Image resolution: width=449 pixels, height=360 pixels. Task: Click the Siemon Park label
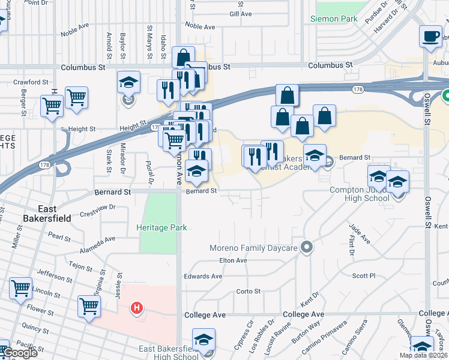click(x=334, y=19)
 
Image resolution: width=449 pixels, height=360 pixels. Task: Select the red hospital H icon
click(x=137, y=308)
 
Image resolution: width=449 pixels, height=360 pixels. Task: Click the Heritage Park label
click(x=161, y=227)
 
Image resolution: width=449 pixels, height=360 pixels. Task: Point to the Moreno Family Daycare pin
click(x=307, y=247)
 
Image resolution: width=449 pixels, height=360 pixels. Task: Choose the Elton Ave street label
click(x=234, y=260)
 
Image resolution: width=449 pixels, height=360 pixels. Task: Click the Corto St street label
click(x=249, y=292)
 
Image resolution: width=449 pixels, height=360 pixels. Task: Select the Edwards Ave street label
click(x=203, y=277)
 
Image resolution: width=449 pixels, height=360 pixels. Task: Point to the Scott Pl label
click(x=364, y=276)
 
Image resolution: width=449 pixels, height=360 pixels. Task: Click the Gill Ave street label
click(x=242, y=13)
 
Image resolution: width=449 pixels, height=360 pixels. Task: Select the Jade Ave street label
click(x=360, y=234)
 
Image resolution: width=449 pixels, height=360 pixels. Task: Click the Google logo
click(x=19, y=353)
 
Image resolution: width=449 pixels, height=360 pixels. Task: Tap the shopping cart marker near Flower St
click(x=89, y=306)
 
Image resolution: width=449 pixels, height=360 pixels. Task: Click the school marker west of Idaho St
click(x=128, y=83)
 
